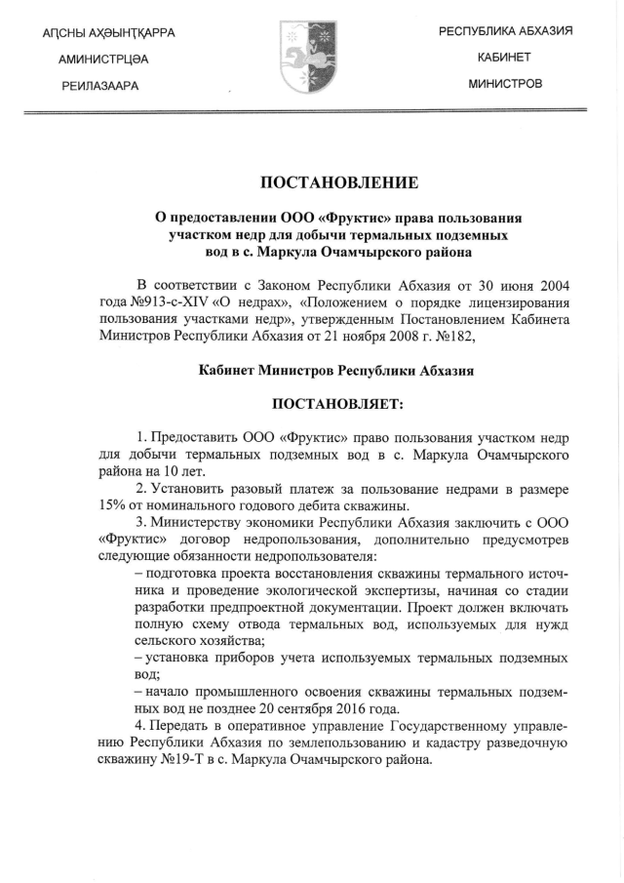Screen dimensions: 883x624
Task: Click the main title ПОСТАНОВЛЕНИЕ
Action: coord(311,182)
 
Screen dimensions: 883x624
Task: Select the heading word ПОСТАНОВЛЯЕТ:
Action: coord(311,403)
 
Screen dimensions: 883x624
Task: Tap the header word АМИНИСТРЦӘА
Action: coord(102,60)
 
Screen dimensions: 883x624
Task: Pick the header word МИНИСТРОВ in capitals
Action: coord(505,84)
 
